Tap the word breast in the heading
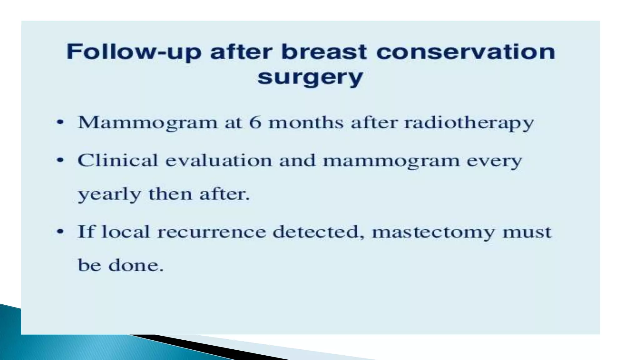point(324,52)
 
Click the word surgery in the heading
point(310,77)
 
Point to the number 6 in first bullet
point(255,122)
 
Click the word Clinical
point(117,161)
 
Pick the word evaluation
point(218,161)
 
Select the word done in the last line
point(136,266)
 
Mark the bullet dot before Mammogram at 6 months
point(60,122)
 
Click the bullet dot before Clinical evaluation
point(60,161)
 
